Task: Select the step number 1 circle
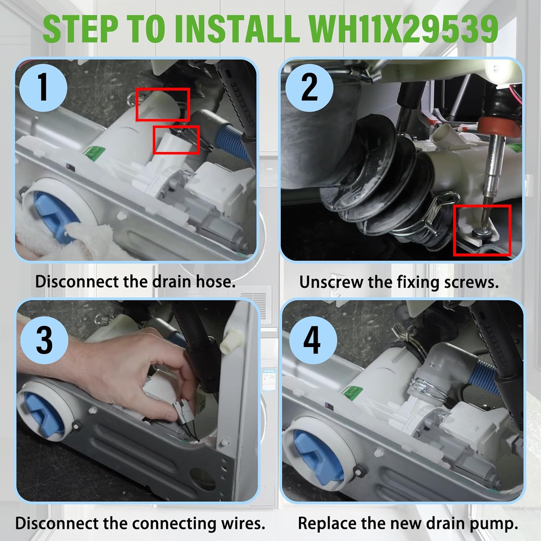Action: [x=43, y=87]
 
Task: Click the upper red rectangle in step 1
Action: [x=163, y=105]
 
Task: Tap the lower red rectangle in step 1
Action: [x=176, y=140]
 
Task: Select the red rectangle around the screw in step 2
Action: [x=482, y=231]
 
